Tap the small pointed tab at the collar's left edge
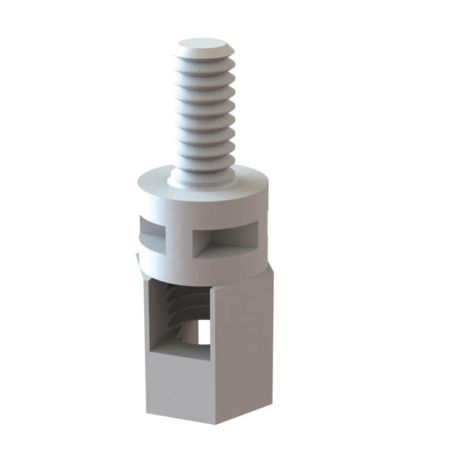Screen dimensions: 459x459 138,259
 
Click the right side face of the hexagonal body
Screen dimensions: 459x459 244,344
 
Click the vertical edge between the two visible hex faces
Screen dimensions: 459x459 212,359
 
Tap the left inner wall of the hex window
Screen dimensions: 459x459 153,316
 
